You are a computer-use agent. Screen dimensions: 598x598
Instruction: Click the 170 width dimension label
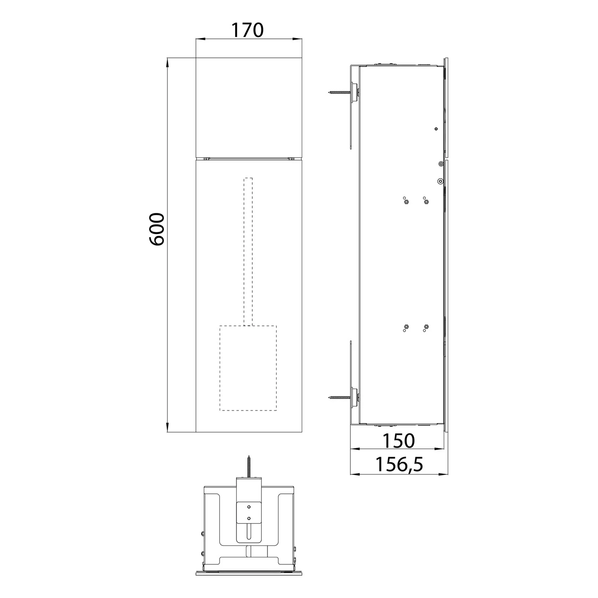[248, 30]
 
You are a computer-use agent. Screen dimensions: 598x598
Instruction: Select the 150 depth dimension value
[398, 441]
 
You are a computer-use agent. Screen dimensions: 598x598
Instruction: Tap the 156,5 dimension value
[399, 464]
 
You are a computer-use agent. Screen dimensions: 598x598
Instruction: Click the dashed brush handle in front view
[248, 251]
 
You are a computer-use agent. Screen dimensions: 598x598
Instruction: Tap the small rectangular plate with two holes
[249, 513]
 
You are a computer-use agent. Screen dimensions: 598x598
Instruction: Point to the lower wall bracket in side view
[350, 383]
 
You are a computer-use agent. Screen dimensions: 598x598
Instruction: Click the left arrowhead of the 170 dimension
[199, 39]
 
